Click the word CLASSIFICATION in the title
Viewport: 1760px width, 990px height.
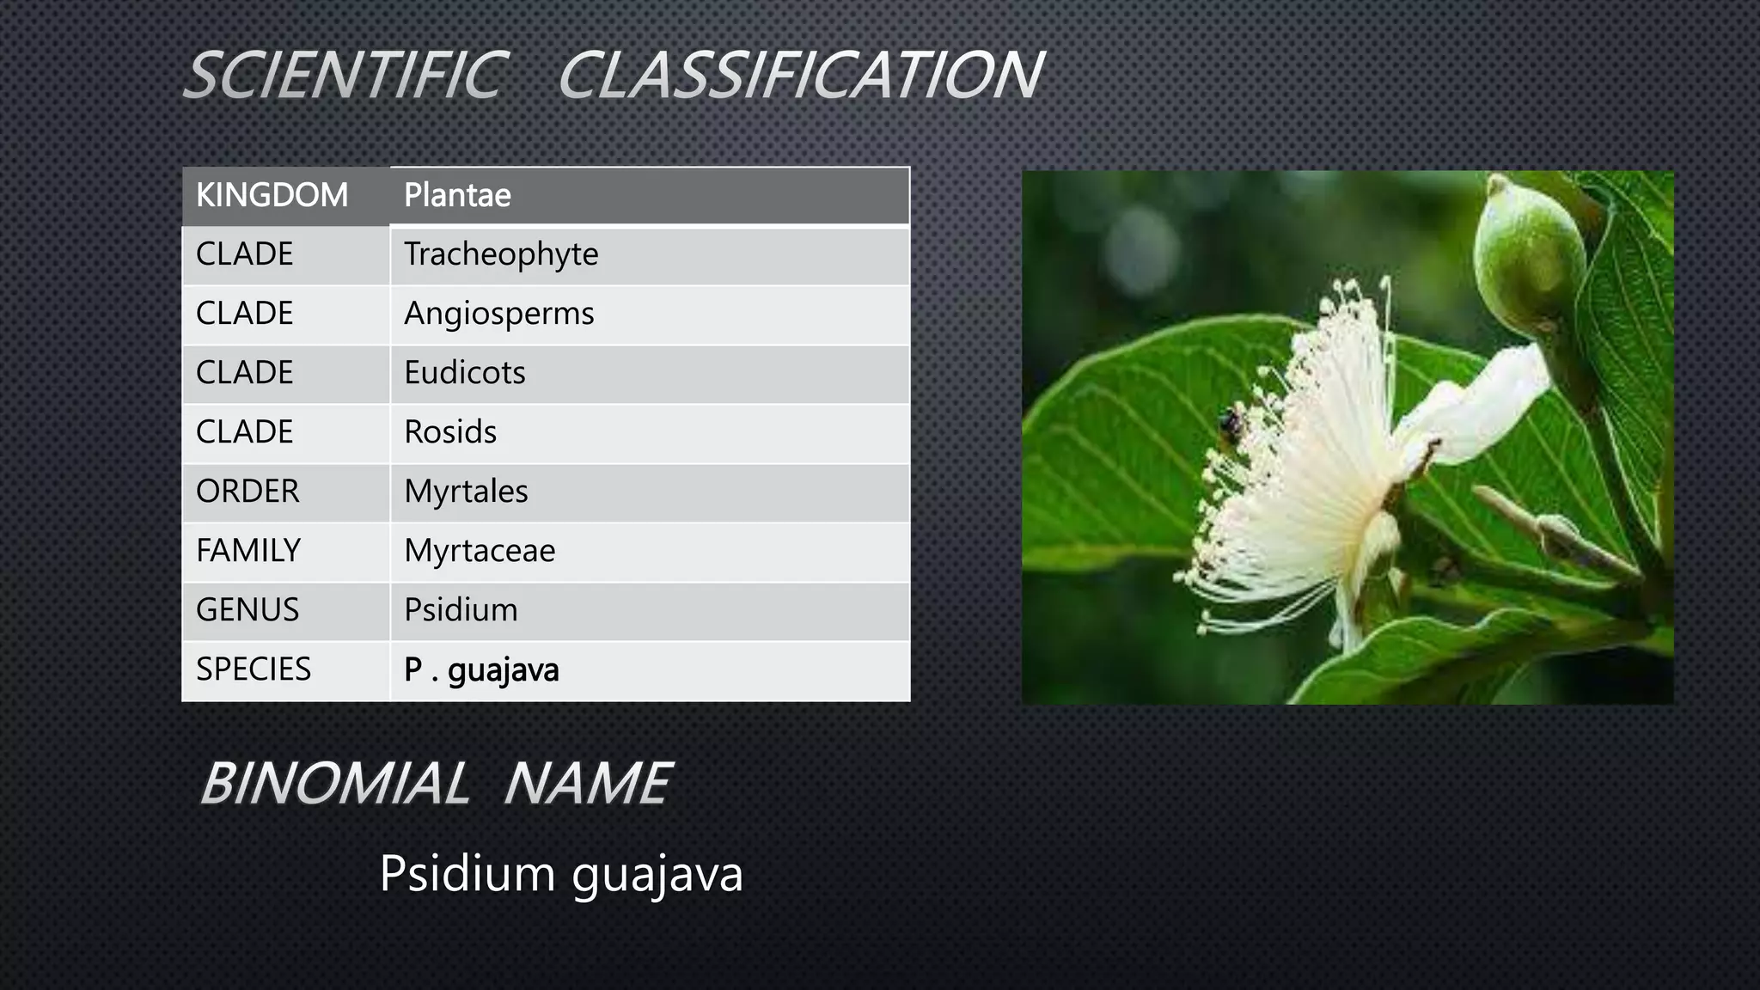(x=801, y=75)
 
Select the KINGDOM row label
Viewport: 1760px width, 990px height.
(x=272, y=195)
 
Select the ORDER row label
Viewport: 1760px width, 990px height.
(x=247, y=492)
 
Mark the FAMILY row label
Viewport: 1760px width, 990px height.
(x=248, y=551)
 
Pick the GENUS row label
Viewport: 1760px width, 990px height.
(x=247, y=610)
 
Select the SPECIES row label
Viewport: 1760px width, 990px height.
(x=254, y=669)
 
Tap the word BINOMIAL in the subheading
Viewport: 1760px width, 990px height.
(x=335, y=784)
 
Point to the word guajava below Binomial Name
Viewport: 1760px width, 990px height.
(x=657, y=875)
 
